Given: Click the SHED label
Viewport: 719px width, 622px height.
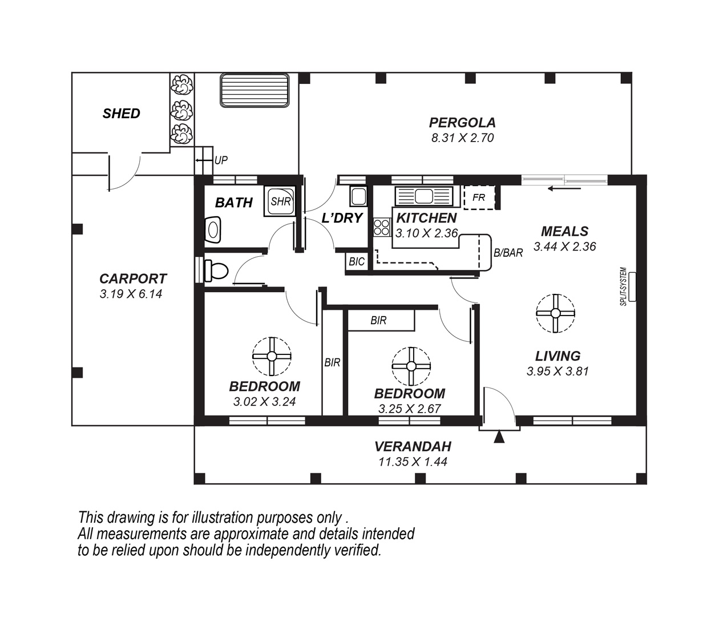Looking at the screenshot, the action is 121,114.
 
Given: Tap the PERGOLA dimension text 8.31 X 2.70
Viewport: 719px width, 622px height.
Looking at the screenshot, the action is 462,138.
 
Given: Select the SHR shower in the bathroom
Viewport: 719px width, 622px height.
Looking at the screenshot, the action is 280,201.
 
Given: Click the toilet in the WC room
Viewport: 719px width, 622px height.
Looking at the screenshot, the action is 216,270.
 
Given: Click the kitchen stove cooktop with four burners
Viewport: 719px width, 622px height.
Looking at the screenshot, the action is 382,228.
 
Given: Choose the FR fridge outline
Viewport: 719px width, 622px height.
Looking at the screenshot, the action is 479,197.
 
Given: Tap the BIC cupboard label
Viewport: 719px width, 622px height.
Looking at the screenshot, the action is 357,261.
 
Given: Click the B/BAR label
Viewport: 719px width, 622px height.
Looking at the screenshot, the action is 508,253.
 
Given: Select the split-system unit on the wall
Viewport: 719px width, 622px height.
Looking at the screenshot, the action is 632,287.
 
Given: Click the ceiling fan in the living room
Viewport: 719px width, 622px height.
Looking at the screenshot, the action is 555,313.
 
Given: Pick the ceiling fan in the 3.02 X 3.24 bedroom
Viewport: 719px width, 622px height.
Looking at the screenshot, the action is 272,356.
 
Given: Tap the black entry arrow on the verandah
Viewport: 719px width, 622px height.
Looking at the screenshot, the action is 499,437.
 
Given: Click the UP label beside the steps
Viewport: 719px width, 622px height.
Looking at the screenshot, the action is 221,160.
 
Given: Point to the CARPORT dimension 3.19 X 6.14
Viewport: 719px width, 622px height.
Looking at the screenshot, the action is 131,294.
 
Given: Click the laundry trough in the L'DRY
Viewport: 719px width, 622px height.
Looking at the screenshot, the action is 358,196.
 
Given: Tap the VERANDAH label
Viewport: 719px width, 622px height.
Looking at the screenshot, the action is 413,446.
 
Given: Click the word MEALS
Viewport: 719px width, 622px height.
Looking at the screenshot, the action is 565,231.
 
